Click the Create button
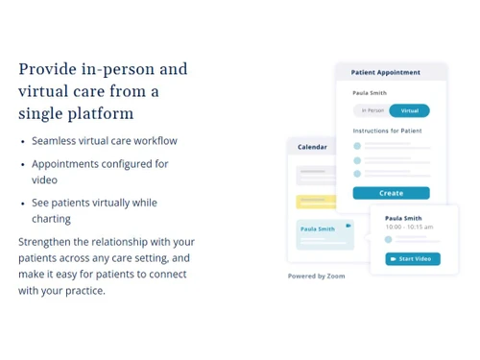(x=391, y=193)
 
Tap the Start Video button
(x=413, y=258)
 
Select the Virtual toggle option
(x=410, y=110)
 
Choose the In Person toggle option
(x=372, y=110)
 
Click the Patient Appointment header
(x=386, y=72)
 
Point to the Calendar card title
(x=312, y=147)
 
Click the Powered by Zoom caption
(x=316, y=276)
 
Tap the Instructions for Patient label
(x=388, y=131)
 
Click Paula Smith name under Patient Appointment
(x=370, y=93)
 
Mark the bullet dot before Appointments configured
(x=23, y=164)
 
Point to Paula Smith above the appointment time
(x=403, y=218)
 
